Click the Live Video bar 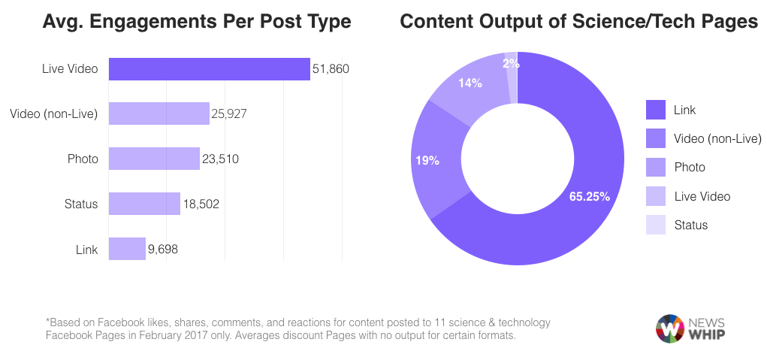point(209,69)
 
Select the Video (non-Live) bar point(159,113)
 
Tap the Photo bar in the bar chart point(154,159)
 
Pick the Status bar point(144,204)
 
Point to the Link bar point(127,249)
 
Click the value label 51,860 point(331,69)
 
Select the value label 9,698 point(163,249)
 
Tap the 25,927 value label point(229,114)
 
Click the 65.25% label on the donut point(589,197)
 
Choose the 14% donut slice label point(470,83)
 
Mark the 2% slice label point(511,64)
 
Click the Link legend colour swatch point(656,110)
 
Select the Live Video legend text point(702,196)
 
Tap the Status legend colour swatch point(656,225)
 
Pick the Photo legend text point(690,168)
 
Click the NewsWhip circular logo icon point(669,328)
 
